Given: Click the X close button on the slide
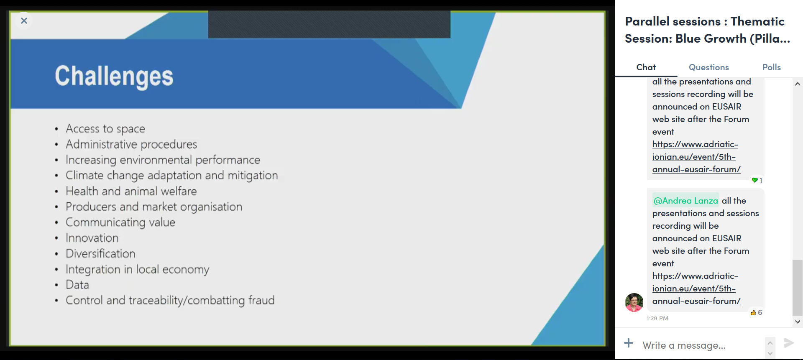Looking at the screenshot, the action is [x=24, y=20].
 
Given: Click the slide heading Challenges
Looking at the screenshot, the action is [x=114, y=76].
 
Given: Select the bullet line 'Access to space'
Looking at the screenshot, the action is [x=105, y=129].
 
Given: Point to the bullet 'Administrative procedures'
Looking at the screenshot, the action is [x=131, y=144].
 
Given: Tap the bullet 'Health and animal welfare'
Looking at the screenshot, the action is [x=131, y=191].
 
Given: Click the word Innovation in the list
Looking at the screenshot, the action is [x=92, y=238].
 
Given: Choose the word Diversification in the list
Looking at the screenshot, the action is [x=100, y=253].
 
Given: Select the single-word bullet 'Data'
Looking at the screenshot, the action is [x=77, y=285].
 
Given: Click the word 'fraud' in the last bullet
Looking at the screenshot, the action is [x=261, y=300].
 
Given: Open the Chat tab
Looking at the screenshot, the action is [x=646, y=67].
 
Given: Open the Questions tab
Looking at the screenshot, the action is [x=708, y=67].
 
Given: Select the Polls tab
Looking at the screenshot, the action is [x=771, y=67].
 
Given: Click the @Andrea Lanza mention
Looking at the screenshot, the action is [x=685, y=201].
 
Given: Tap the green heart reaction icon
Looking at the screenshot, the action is [x=754, y=180].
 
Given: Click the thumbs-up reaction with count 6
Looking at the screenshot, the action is [x=756, y=312].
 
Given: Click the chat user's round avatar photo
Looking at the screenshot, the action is [x=634, y=302].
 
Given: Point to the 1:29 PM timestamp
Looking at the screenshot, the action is [x=657, y=318].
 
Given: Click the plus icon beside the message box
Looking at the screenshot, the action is [x=629, y=343].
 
